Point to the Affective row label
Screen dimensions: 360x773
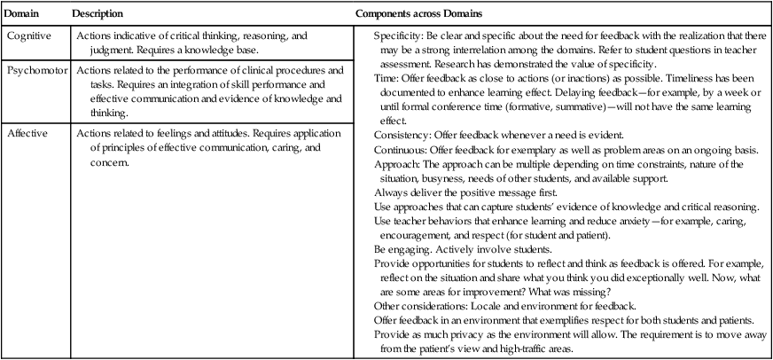(x=26, y=133)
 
